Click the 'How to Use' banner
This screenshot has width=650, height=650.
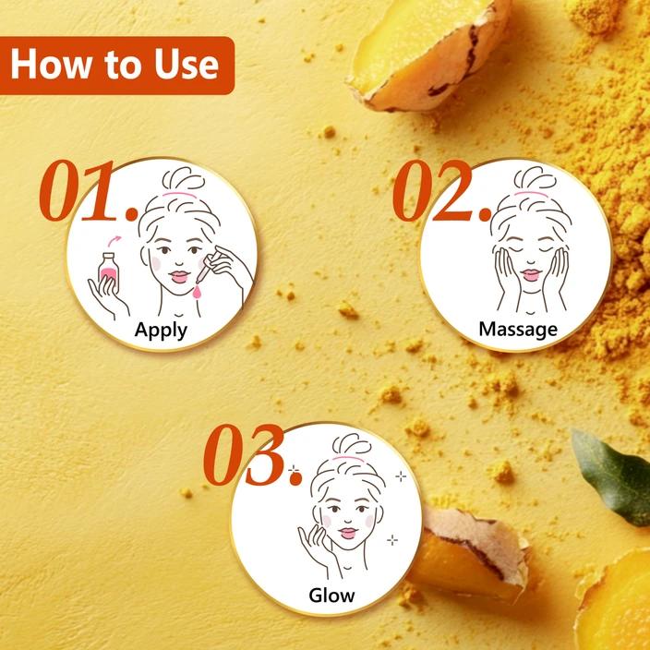[x=117, y=66]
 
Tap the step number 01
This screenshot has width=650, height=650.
[x=90, y=190]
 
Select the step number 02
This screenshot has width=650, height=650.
[x=442, y=190]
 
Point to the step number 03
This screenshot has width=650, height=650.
[x=252, y=455]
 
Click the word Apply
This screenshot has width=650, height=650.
[x=161, y=331]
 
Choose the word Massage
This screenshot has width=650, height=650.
[x=518, y=330]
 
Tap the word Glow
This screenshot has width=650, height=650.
[x=331, y=596]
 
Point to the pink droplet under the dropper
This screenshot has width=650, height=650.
[x=197, y=292]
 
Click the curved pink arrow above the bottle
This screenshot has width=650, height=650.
[x=114, y=240]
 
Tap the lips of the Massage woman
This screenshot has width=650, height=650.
[x=531, y=274]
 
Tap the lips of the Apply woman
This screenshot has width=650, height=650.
[x=179, y=276]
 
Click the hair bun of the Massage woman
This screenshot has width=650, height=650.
[x=535, y=178]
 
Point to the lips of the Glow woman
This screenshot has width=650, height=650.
[x=347, y=533]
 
